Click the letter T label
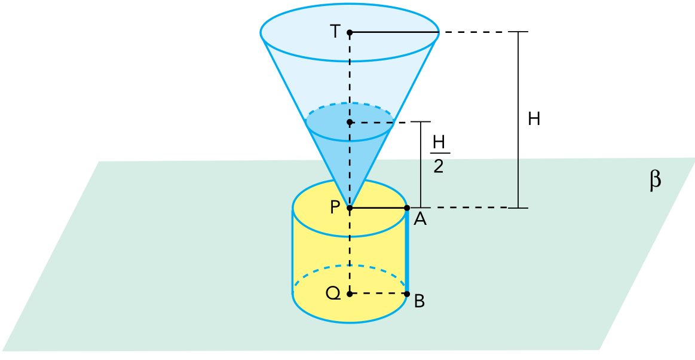335,32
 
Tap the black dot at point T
350,32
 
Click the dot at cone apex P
350,208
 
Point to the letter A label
420,219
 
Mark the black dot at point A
407,208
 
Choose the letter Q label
333,293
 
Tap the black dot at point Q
350,294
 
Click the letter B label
420,302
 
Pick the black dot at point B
407,294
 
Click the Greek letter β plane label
655,181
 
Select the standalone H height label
534,119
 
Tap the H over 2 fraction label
439,155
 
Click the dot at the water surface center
350,122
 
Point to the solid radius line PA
378,208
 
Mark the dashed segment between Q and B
378,294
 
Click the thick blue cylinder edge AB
406,251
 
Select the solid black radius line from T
394,32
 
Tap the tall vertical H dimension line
518,120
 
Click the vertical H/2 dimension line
421,164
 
